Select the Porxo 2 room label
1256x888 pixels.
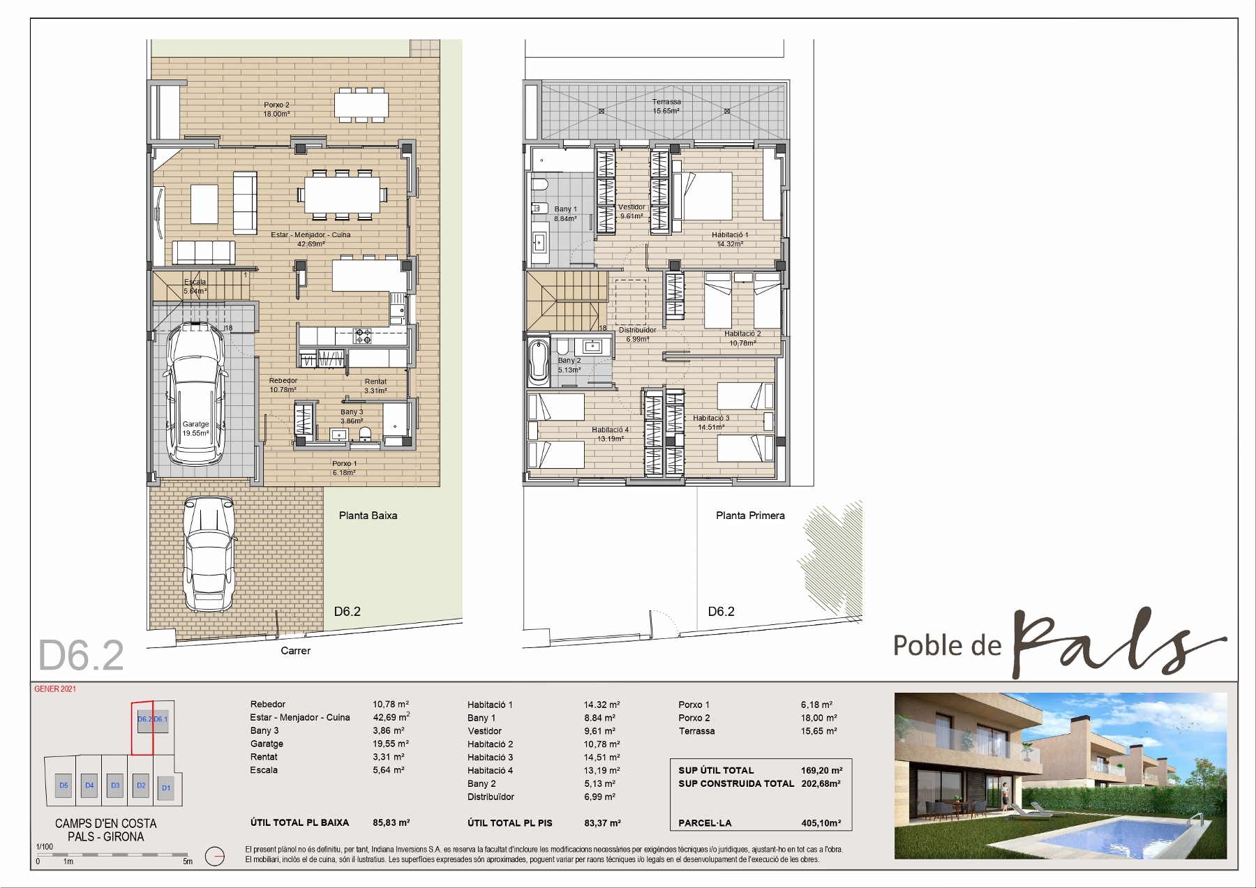coord(276,110)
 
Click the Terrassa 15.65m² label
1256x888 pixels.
coord(666,106)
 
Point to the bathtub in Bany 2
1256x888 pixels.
coord(539,361)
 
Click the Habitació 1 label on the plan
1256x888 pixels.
coord(730,239)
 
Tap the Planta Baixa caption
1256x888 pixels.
coord(368,516)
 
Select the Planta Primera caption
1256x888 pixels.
coord(750,516)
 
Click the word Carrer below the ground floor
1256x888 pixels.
coord(295,651)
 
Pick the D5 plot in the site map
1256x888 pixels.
coord(63,785)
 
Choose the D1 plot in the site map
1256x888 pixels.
coord(166,788)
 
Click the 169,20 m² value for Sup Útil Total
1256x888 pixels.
coord(821,770)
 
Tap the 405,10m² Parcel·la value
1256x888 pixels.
coord(821,823)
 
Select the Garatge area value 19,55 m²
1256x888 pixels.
coord(391,744)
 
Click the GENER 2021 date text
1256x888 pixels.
coord(55,689)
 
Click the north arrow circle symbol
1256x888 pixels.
coord(215,856)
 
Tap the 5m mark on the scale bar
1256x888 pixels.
coord(188,861)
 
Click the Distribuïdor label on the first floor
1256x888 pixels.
coord(637,335)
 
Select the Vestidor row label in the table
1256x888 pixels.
coord(484,731)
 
